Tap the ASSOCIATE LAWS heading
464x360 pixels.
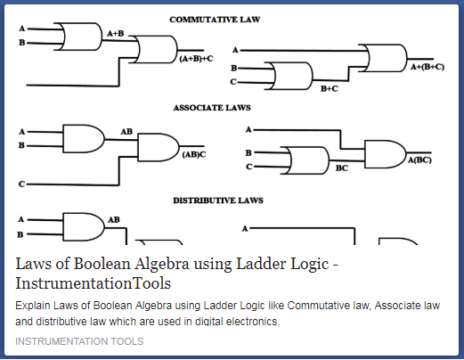pos(211,107)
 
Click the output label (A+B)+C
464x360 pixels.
pos(196,58)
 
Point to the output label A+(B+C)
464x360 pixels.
pos(426,67)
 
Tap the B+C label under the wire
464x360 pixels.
pos(329,88)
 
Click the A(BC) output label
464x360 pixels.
pos(419,160)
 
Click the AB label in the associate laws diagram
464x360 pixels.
pos(126,130)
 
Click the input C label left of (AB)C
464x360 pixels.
pos(20,184)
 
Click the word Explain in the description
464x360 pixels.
pos(35,306)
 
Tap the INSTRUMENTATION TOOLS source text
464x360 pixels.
pos(79,341)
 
